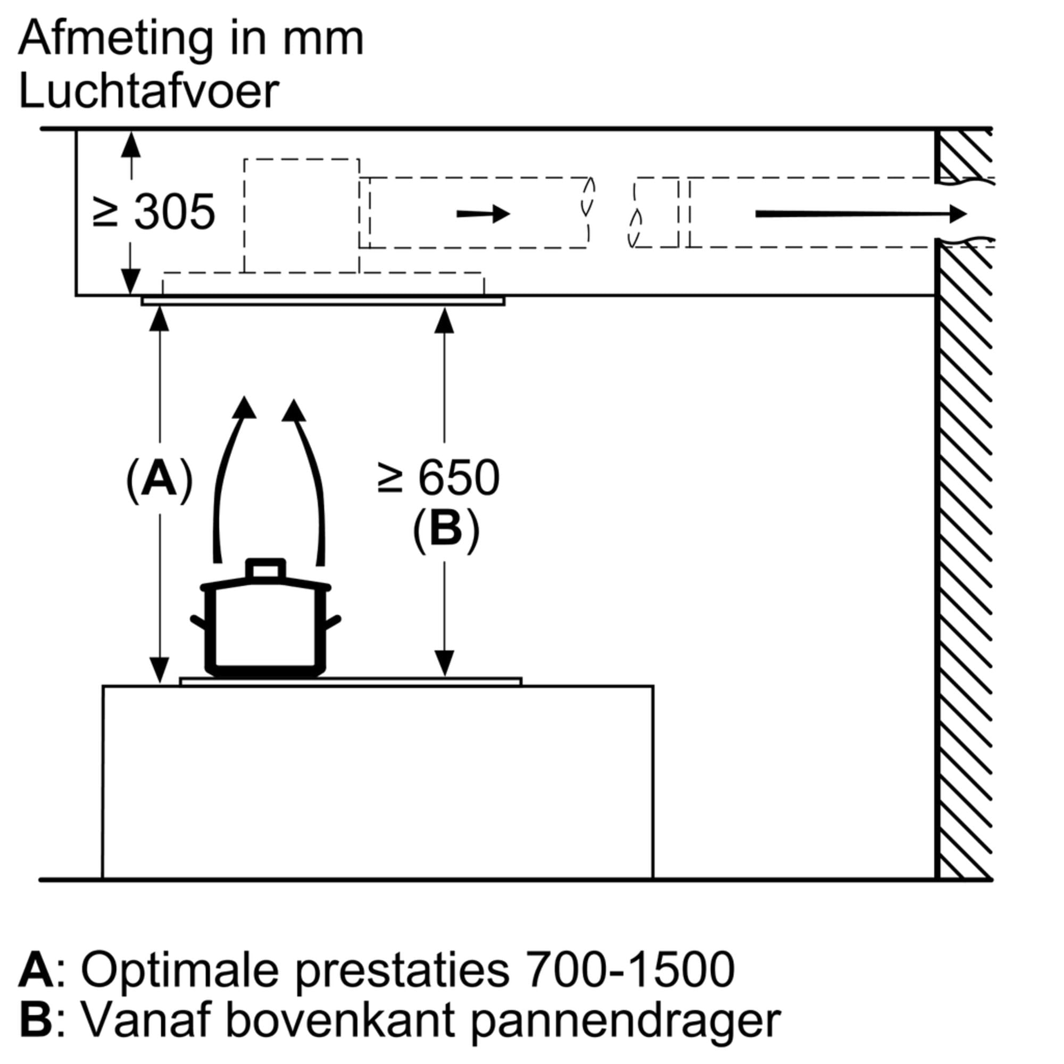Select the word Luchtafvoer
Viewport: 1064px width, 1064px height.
(x=149, y=91)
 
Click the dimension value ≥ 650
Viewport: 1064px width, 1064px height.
(x=439, y=478)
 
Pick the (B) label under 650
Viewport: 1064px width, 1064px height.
(x=445, y=529)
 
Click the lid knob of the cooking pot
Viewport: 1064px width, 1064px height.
(x=265, y=569)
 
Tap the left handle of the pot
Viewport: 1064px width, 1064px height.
(x=198, y=623)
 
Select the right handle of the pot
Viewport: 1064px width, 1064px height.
(x=332, y=623)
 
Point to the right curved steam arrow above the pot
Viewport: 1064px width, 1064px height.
(x=309, y=473)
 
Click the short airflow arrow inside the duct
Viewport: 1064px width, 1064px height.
(x=483, y=214)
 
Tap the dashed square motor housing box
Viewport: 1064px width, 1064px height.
(x=301, y=215)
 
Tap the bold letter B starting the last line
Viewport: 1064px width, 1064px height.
(x=35, y=1019)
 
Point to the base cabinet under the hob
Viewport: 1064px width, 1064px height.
(x=378, y=782)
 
